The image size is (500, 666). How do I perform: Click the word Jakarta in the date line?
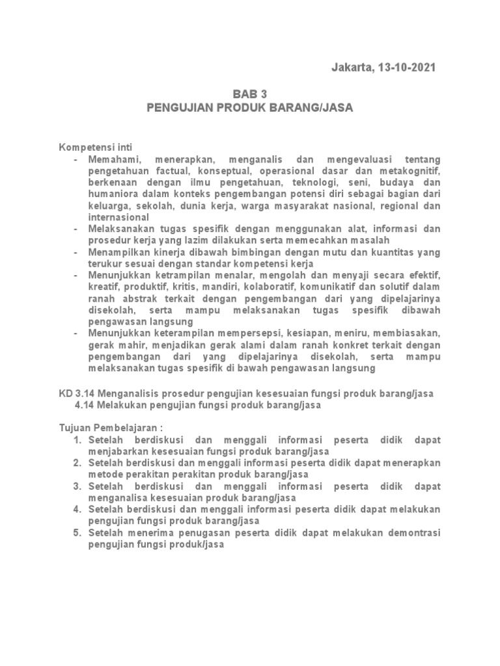tap(352, 68)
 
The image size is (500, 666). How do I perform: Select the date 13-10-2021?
tap(405, 68)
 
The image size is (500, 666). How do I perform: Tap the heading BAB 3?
tap(250, 94)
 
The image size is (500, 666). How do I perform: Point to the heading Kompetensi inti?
tap(96, 148)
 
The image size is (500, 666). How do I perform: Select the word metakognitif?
tap(413, 171)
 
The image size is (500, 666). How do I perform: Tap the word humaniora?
tap(111, 194)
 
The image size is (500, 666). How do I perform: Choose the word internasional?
tap(119, 217)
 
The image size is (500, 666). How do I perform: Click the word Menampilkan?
tap(117, 252)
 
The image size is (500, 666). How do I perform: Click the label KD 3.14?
tap(74, 394)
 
